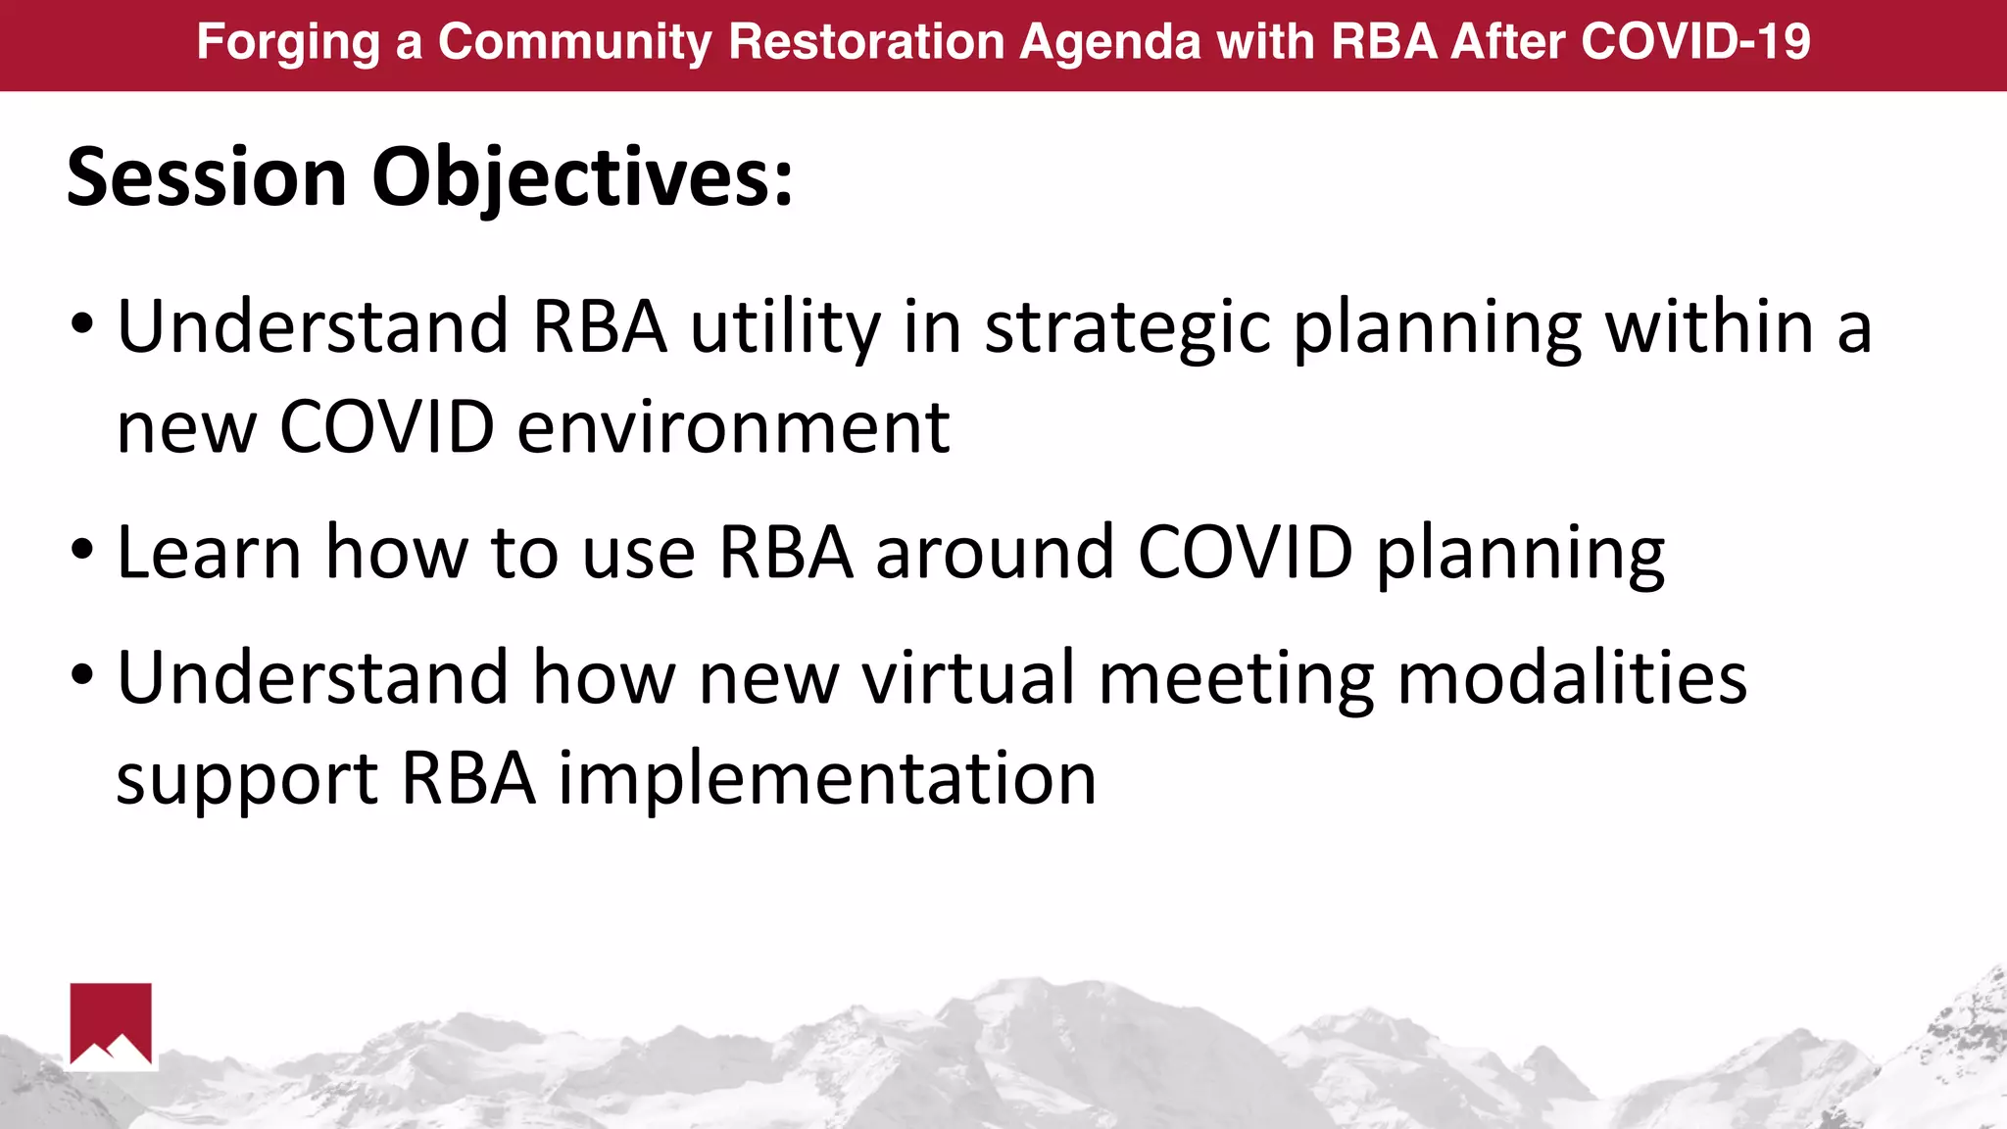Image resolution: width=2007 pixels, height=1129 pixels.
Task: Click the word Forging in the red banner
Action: (x=287, y=43)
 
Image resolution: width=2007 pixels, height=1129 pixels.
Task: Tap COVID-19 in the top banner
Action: (x=1695, y=42)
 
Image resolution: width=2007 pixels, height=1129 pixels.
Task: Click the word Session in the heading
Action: (x=207, y=177)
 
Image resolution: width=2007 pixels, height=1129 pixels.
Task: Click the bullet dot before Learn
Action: (x=82, y=550)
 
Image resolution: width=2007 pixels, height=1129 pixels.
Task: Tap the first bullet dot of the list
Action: (x=82, y=323)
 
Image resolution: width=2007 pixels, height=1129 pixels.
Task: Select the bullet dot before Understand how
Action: (x=82, y=675)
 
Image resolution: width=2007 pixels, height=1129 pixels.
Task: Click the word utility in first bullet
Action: (x=785, y=328)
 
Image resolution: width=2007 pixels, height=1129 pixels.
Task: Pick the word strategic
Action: (x=1128, y=328)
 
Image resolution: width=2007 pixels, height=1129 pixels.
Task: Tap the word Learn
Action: (x=209, y=553)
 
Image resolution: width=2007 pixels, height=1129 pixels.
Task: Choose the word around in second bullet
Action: (x=995, y=553)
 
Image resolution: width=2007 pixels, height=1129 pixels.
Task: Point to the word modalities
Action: (x=1571, y=677)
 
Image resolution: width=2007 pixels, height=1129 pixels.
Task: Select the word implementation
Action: (x=827, y=778)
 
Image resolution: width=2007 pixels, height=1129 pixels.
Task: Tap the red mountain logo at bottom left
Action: (x=111, y=1024)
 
